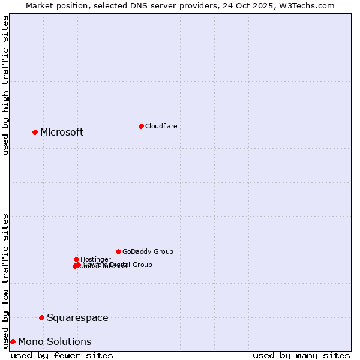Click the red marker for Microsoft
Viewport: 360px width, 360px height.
35,132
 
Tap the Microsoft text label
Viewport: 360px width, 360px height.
62,133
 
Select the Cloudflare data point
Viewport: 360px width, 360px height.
141,126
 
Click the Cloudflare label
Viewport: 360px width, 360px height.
161,126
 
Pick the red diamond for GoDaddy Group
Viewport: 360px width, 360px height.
118,251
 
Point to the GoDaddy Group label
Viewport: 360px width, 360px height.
148,252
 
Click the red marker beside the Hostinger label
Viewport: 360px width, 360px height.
76,259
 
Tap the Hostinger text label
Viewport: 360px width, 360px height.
95,259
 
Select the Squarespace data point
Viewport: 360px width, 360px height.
41,317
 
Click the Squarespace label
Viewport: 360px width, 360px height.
77,318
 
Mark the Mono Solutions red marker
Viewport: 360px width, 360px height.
13,341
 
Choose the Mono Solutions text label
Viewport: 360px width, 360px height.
55,342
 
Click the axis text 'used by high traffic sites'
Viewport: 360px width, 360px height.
6,85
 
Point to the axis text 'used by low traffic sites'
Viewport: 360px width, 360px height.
6,280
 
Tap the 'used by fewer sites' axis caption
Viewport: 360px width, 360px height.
62,355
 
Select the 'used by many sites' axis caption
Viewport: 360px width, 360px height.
301,355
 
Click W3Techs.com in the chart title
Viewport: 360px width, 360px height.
309,5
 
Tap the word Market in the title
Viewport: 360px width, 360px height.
40,5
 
